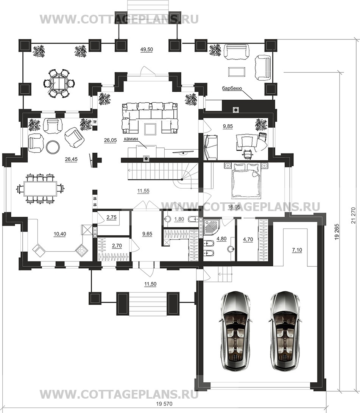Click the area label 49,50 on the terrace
click(x=146, y=50)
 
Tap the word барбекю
click(x=232, y=89)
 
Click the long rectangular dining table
click(x=41, y=188)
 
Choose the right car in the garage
click(x=285, y=331)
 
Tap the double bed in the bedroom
click(x=246, y=180)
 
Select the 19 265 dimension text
click(x=338, y=231)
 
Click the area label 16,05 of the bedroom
click(x=234, y=207)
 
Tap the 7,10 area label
click(x=297, y=250)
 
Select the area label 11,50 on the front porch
click(x=150, y=284)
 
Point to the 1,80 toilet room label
click(x=179, y=219)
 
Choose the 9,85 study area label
click(x=228, y=127)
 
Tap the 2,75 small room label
click(x=112, y=217)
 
